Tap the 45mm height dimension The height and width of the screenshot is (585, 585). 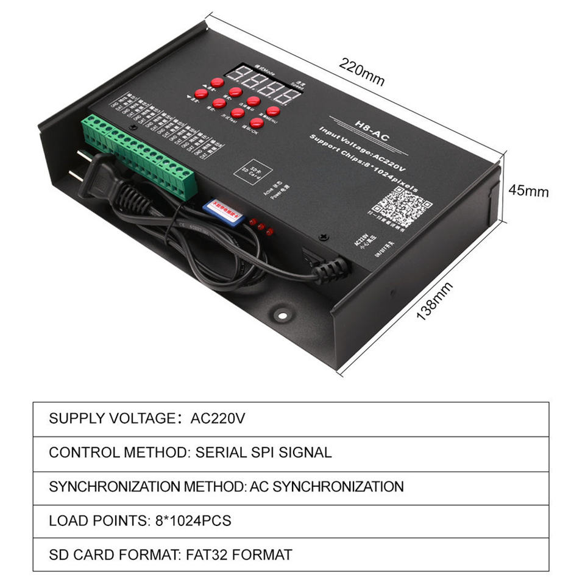point(528,191)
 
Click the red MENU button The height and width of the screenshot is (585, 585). point(273,111)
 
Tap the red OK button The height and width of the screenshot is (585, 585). point(257,122)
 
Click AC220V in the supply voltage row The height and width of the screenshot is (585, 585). point(218,419)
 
